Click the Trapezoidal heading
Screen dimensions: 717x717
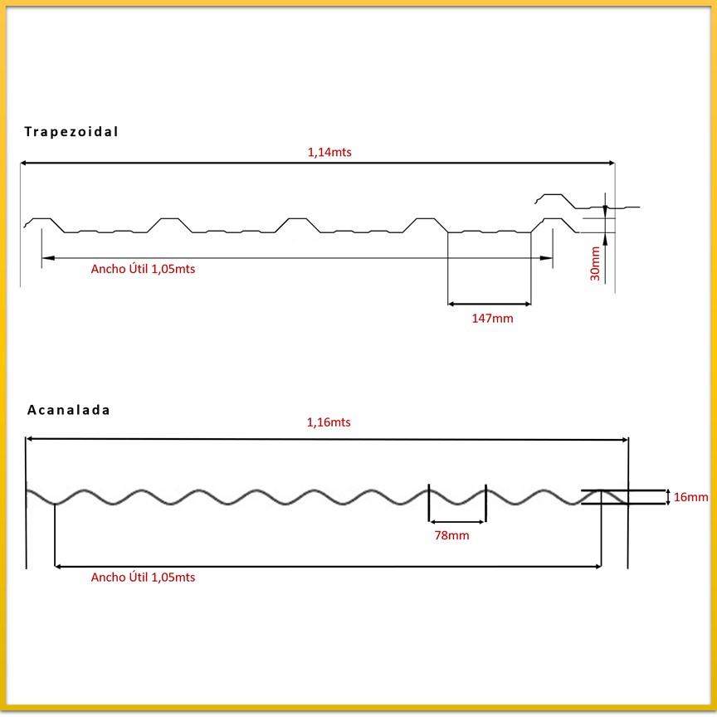71,131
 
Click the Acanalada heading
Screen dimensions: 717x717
69,409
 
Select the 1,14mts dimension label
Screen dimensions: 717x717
329,152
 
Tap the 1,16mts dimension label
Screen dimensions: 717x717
329,422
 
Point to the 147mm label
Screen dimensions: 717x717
491,319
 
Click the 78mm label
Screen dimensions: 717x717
451,535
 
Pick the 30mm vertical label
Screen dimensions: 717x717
595,263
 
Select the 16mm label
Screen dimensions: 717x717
690,497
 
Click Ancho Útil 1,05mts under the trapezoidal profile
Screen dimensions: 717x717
144,269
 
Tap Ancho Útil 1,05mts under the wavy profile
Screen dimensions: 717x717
144,578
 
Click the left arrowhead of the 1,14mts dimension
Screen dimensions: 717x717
25,163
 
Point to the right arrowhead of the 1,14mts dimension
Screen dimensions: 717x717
610,163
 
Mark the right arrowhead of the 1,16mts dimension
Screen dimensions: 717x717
623,438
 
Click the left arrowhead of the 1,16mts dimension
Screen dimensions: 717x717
32,438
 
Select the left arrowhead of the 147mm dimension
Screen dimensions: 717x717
453,304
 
